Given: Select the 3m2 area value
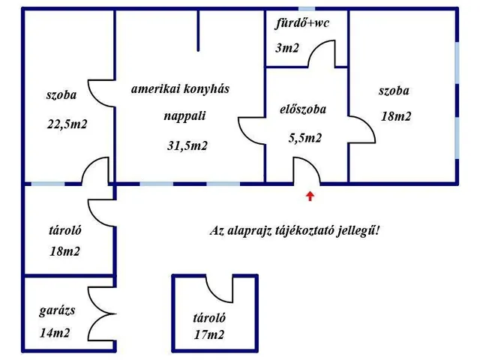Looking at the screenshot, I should click(287, 49).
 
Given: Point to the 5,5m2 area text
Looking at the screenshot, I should click(305, 137).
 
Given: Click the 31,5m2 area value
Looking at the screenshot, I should click(187, 145).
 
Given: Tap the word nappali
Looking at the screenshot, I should click(184, 116).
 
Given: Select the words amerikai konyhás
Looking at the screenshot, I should click(180, 88).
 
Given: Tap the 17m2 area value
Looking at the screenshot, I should click(209, 335).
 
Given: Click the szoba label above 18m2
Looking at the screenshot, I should click(394, 91).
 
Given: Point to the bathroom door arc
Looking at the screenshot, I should click(322, 52).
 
